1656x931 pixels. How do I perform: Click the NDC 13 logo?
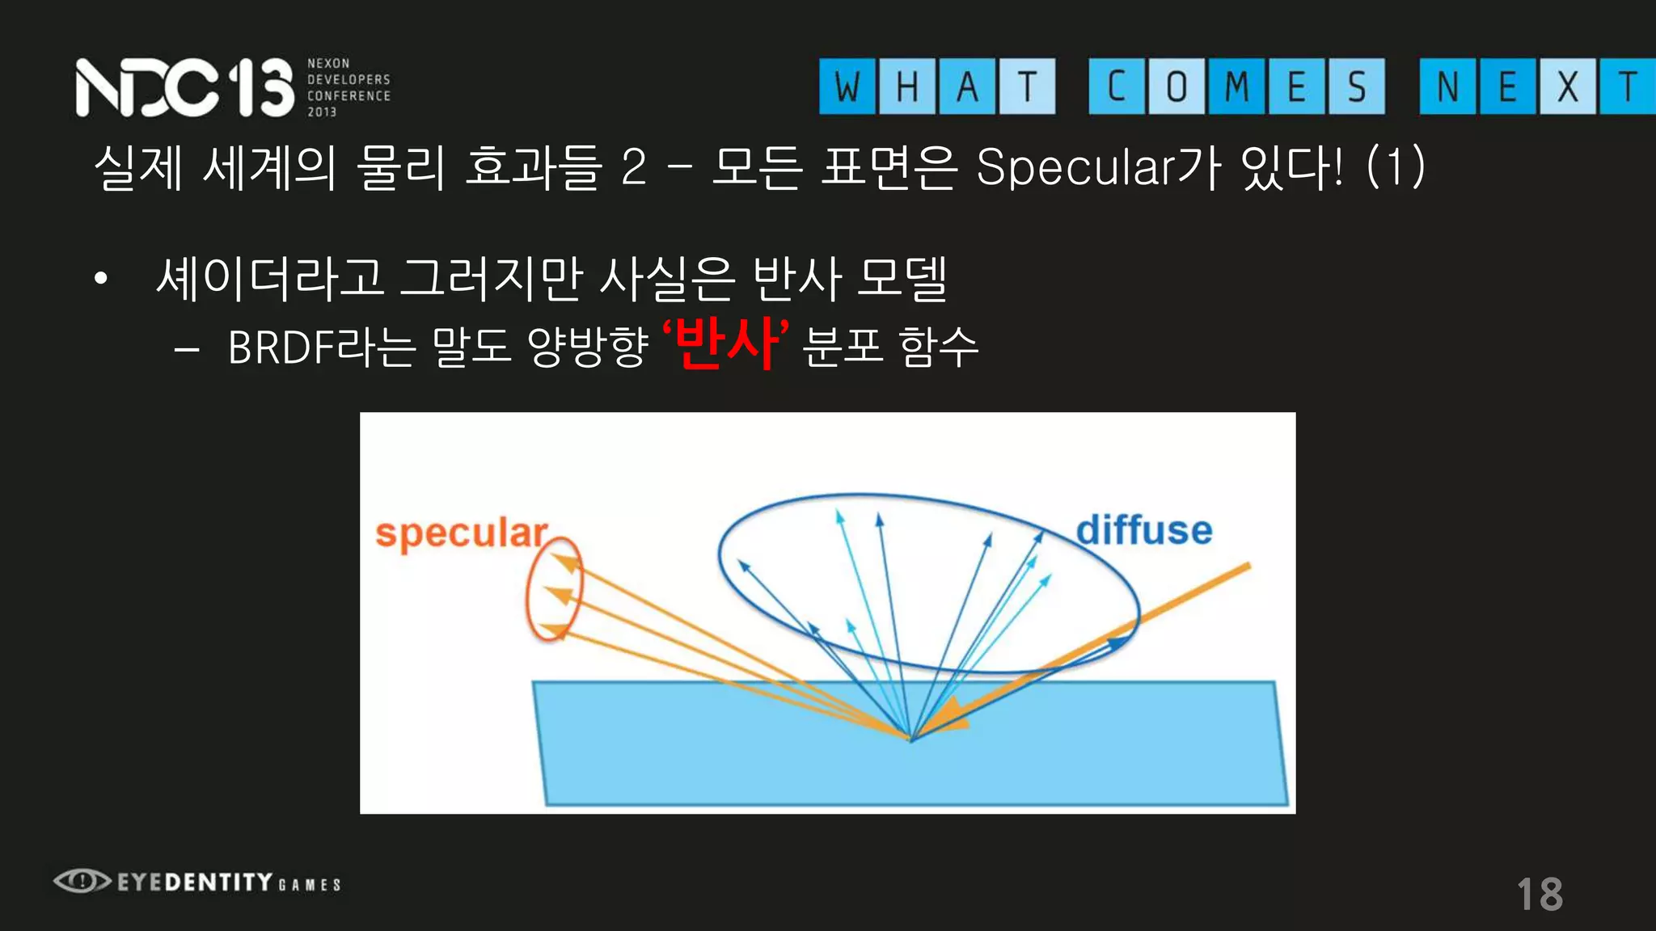pos(184,87)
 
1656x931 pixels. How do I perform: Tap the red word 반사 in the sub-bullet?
pos(725,344)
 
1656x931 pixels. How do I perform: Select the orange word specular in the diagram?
pos(461,534)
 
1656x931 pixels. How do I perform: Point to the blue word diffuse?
pos(1143,531)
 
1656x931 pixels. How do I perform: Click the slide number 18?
pos(1540,895)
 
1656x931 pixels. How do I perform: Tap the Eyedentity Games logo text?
pos(229,882)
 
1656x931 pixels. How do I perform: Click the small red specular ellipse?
pos(554,588)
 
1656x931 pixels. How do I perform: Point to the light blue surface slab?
pos(906,768)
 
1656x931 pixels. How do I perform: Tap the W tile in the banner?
pos(847,86)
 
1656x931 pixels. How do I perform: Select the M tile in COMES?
pos(1237,86)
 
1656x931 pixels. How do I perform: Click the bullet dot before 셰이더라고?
pos(100,279)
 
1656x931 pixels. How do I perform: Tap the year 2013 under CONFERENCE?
pos(322,112)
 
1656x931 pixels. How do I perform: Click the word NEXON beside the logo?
pos(328,63)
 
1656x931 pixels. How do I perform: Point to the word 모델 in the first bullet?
pos(902,278)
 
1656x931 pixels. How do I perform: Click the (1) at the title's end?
pos(1396,168)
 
